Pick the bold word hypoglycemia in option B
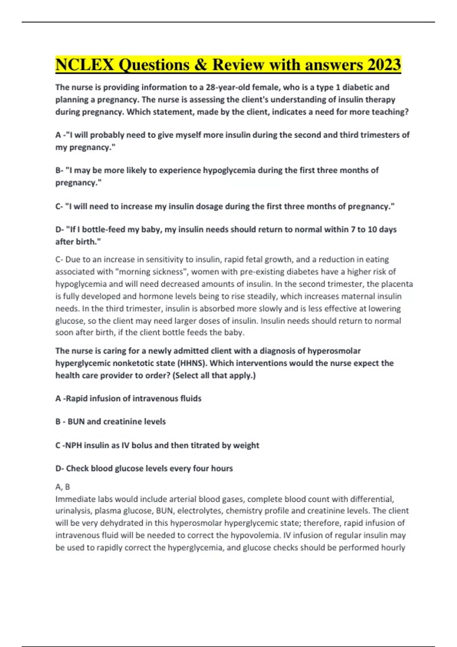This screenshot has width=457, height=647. click(x=229, y=170)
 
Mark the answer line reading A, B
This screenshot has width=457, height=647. click(x=63, y=487)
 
